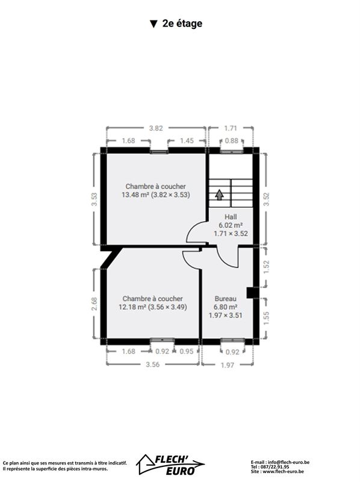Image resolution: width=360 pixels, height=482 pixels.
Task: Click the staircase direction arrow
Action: (x=219, y=195)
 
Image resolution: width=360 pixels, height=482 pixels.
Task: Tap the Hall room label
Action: (x=231, y=217)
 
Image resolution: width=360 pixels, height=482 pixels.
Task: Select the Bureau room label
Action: (x=226, y=298)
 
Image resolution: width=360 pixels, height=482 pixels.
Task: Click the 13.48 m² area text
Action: (x=135, y=195)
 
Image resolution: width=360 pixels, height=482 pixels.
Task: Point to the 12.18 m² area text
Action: (x=132, y=307)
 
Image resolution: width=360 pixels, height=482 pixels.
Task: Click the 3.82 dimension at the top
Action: (x=156, y=128)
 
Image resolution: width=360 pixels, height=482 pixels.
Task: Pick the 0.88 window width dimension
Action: (x=232, y=140)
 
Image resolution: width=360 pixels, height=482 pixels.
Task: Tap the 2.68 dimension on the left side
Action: (x=95, y=304)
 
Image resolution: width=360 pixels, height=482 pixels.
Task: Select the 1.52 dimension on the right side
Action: (x=266, y=267)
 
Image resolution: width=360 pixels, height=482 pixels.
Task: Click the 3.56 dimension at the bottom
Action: (x=153, y=365)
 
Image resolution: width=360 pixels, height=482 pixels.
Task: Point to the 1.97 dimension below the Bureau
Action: (x=228, y=365)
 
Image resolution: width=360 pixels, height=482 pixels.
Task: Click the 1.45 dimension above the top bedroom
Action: (x=187, y=140)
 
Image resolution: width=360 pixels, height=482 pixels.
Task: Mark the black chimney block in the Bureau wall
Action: (x=250, y=293)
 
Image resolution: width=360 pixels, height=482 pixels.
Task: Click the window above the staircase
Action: (x=232, y=151)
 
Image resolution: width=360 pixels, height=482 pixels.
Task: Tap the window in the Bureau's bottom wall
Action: (x=232, y=340)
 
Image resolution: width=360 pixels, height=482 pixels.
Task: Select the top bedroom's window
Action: (x=159, y=152)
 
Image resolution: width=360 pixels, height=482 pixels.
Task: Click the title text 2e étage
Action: (x=182, y=23)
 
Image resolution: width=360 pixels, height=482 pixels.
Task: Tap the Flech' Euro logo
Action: (x=171, y=464)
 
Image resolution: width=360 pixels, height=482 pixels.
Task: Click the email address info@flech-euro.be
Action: (x=289, y=462)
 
